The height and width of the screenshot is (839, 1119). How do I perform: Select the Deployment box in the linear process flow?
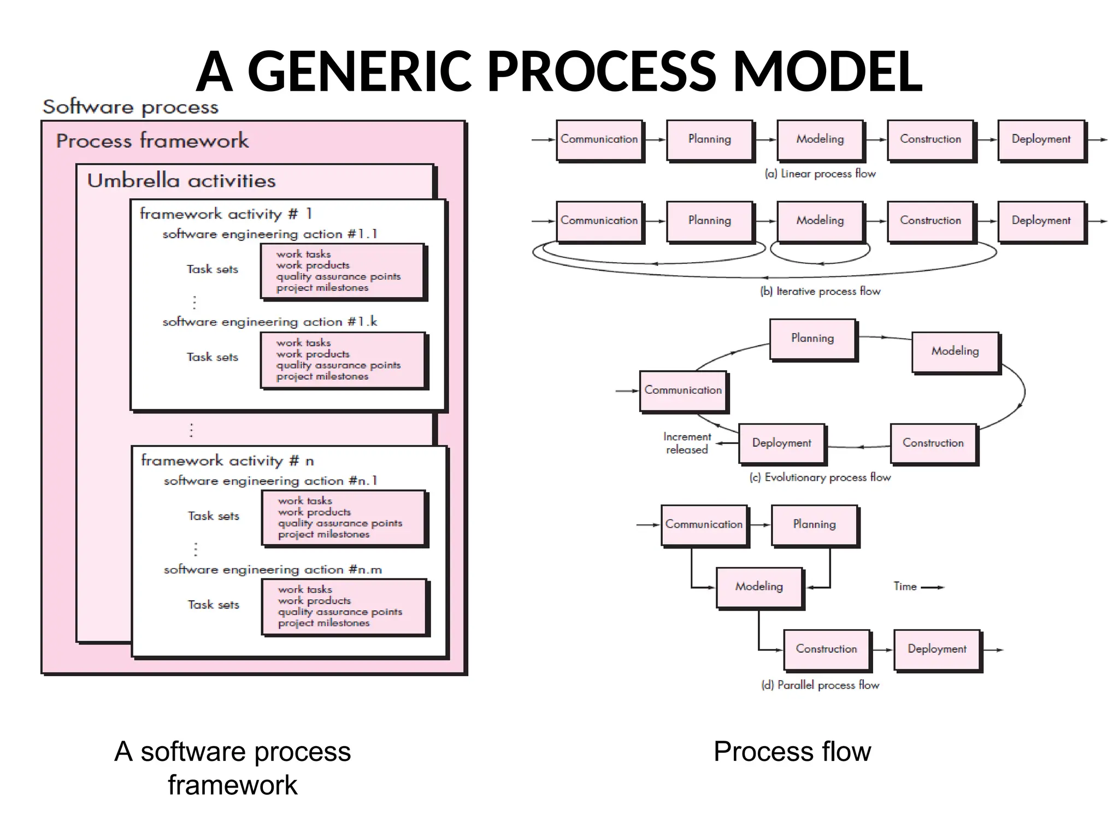pos(1041,140)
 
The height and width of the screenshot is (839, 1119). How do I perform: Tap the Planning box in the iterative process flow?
pos(709,221)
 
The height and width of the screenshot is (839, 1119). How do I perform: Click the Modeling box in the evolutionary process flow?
pos(955,351)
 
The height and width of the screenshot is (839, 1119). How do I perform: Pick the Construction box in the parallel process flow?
pos(826,649)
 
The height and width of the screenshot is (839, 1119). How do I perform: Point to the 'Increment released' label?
pos(687,443)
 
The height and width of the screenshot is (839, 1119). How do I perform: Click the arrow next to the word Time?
pos(932,587)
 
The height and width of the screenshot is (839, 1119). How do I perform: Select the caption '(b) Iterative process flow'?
pos(820,292)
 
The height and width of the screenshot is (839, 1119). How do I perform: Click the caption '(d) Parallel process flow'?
pos(820,685)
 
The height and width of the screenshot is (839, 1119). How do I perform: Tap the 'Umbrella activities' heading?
pos(181,181)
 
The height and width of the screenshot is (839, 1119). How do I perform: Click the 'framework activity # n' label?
pos(227,460)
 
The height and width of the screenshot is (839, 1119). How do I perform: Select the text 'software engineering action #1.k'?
pos(269,322)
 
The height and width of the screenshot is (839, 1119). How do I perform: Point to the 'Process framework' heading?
pos(152,141)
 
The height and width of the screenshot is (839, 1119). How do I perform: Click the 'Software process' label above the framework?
pos(131,107)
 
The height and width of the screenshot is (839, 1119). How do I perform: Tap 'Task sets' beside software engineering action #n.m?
pos(214,605)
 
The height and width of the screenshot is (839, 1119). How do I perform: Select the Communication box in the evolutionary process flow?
pos(683,391)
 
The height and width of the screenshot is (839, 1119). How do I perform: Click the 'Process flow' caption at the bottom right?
pos(792,751)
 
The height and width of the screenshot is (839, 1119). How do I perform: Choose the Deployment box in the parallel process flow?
pos(937,649)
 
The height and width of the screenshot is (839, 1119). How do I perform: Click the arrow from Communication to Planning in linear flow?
pos(655,140)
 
